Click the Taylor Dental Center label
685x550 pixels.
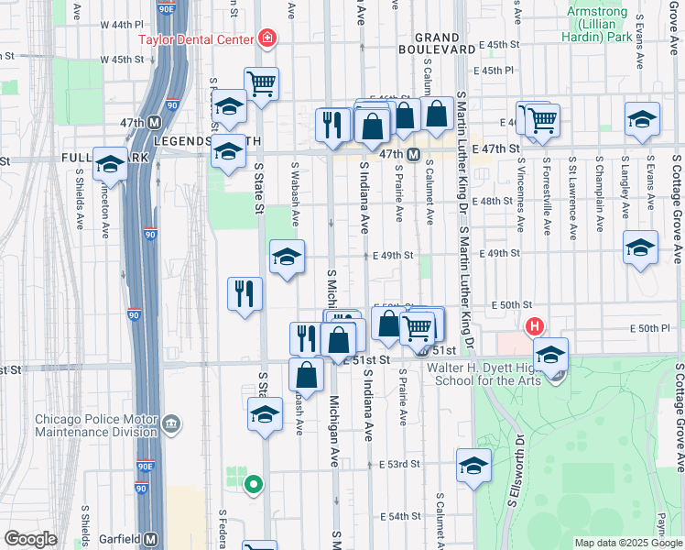click(196, 39)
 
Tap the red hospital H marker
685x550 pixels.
click(533, 326)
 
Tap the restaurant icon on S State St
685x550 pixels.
click(245, 293)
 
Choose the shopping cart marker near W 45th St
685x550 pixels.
click(261, 84)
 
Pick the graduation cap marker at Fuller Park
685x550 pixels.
click(110, 164)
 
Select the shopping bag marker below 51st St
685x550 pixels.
click(306, 374)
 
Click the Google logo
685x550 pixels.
click(30, 539)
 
